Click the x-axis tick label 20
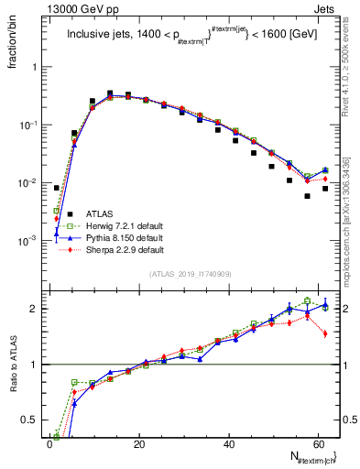click(138, 444)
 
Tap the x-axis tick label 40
click(227, 444)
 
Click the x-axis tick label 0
click(49, 444)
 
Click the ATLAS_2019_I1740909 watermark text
click(191, 274)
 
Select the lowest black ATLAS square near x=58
click(308, 196)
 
